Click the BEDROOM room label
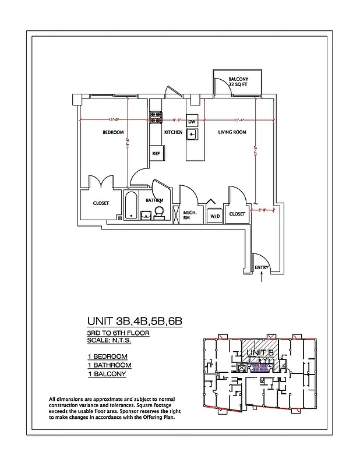(114, 132)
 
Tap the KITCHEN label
(173, 132)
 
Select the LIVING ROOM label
(232, 132)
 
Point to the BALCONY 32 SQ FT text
(238, 82)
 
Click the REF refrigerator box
(156, 153)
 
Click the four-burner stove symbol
(156, 118)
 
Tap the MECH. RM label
(190, 214)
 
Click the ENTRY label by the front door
(262, 267)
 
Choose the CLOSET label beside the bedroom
(101, 203)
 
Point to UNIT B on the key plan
(260, 352)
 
